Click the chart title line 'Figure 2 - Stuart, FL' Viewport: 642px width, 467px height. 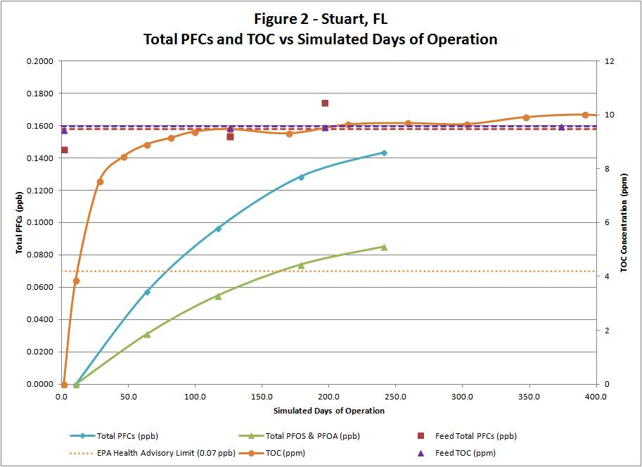coord(321,18)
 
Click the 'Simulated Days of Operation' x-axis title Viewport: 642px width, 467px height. coord(328,411)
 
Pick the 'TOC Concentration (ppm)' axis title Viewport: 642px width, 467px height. coord(623,223)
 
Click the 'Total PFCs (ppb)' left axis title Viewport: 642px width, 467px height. coord(20,223)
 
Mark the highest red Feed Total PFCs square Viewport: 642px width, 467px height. coord(325,103)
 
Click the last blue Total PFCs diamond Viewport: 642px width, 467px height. coord(384,153)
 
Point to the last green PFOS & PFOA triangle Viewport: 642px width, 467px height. coord(384,247)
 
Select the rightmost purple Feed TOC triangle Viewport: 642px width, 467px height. coord(561,127)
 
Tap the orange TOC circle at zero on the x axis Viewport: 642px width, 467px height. coord(64,385)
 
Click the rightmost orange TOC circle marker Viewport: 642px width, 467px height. coord(585,115)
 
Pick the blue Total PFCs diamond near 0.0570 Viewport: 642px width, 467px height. coord(147,292)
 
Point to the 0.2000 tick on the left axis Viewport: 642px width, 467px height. coord(41,61)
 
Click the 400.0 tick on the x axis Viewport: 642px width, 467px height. coord(596,397)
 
